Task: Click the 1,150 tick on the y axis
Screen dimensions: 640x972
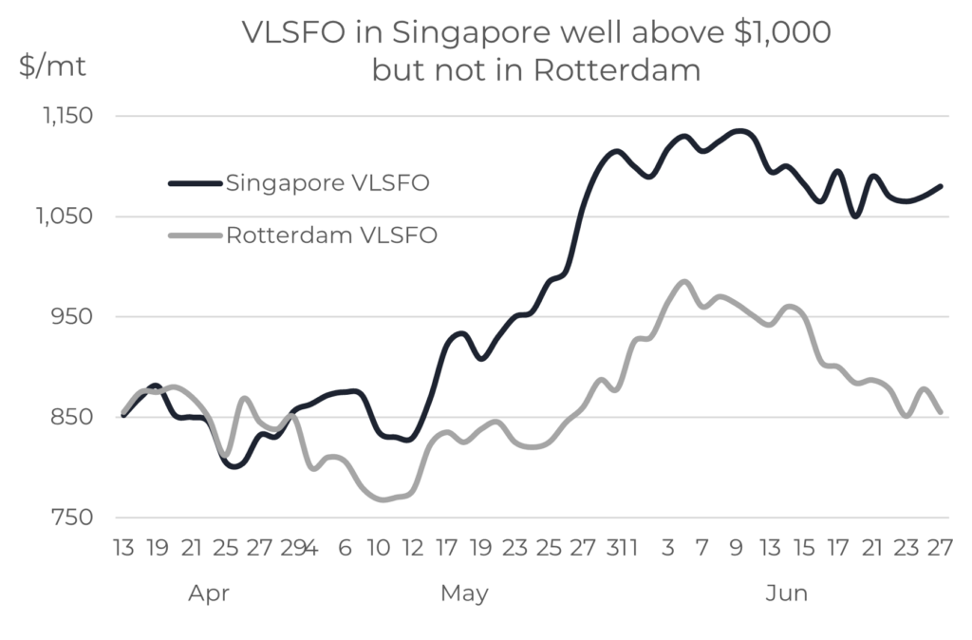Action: click(x=64, y=117)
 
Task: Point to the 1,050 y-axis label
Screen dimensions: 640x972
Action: click(x=64, y=217)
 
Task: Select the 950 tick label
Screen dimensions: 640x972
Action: click(x=74, y=317)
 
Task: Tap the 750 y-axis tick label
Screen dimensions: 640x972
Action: click(x=74, y=518)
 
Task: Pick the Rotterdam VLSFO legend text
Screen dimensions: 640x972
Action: click(x=331, y=235)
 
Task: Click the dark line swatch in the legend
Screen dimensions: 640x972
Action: click(x=196, y=182)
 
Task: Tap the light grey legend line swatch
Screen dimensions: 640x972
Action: click(x=196, y=235)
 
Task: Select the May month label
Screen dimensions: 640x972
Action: click(x=465, y=594)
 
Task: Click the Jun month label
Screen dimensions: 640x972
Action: click(x=787, y=594)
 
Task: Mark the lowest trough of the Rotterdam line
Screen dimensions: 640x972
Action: click(x=384, y=499)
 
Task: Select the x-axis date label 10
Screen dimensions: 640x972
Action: click(x=378, y=549)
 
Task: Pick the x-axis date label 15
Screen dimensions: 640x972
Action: click(x=804, y=549)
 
